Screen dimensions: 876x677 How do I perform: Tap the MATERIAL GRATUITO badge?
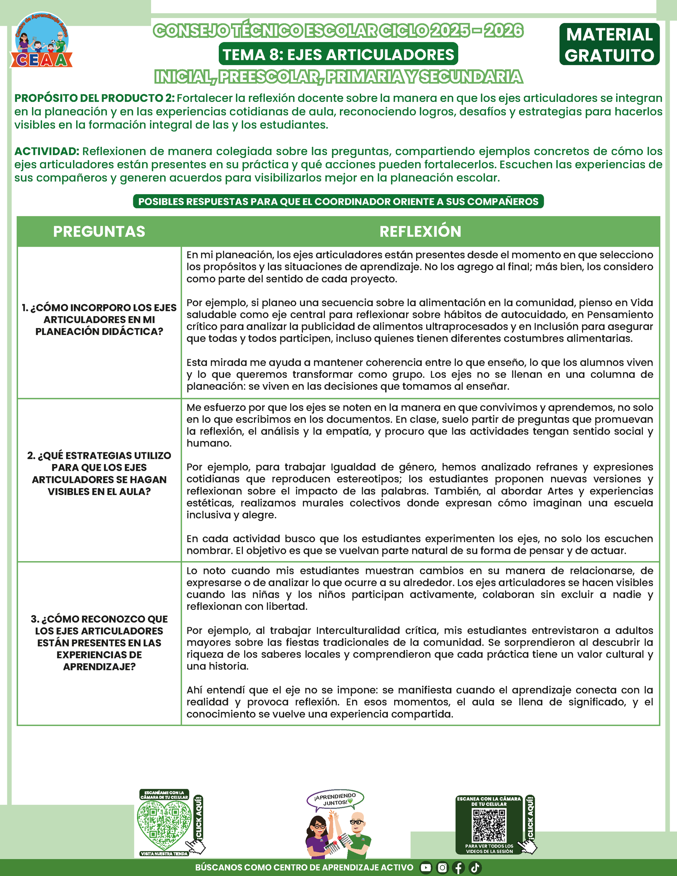pos(609,45)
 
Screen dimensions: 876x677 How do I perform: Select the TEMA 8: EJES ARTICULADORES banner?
pos(338,54)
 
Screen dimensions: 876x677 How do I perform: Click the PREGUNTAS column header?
pos(99,231)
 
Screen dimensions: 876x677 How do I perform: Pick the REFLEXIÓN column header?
pos(420,231)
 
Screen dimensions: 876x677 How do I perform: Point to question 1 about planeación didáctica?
pos(99,320)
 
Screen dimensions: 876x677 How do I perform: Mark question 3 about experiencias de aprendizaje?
pos(99,643)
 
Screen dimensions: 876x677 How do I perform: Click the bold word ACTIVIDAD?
pos(47,151)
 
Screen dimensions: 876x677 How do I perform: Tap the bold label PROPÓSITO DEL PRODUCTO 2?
pos(94,98)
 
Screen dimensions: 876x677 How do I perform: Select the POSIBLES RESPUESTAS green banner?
pos(338,201)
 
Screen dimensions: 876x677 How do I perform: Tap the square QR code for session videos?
pos(489,826)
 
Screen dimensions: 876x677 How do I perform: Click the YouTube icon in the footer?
pos(426,868)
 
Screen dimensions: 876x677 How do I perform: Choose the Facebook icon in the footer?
pos(459,868)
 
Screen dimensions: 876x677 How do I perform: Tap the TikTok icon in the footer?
pos(475,868)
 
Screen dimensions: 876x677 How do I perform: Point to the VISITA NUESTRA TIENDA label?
pos(164,853)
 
